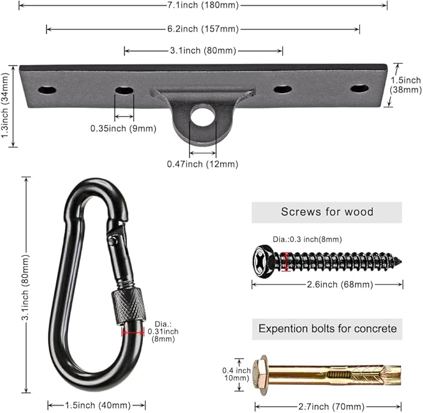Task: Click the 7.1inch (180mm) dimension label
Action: click(x=203, y=5)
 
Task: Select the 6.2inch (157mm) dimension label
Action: click(x=203, y=29)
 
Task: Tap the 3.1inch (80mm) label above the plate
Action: click(x=203, y=51)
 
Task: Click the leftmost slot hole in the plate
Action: click(x=47, y=90)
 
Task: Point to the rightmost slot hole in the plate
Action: click(x=359, y=89)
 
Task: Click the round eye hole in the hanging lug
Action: click(x=202, y=115)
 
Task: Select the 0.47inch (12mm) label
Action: click(x=202, y=164)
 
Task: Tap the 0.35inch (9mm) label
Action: click(x=123, y=129)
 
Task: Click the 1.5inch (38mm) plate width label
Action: click(x=406, y=85)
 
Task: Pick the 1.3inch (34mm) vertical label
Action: click(x=6, y=105)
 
